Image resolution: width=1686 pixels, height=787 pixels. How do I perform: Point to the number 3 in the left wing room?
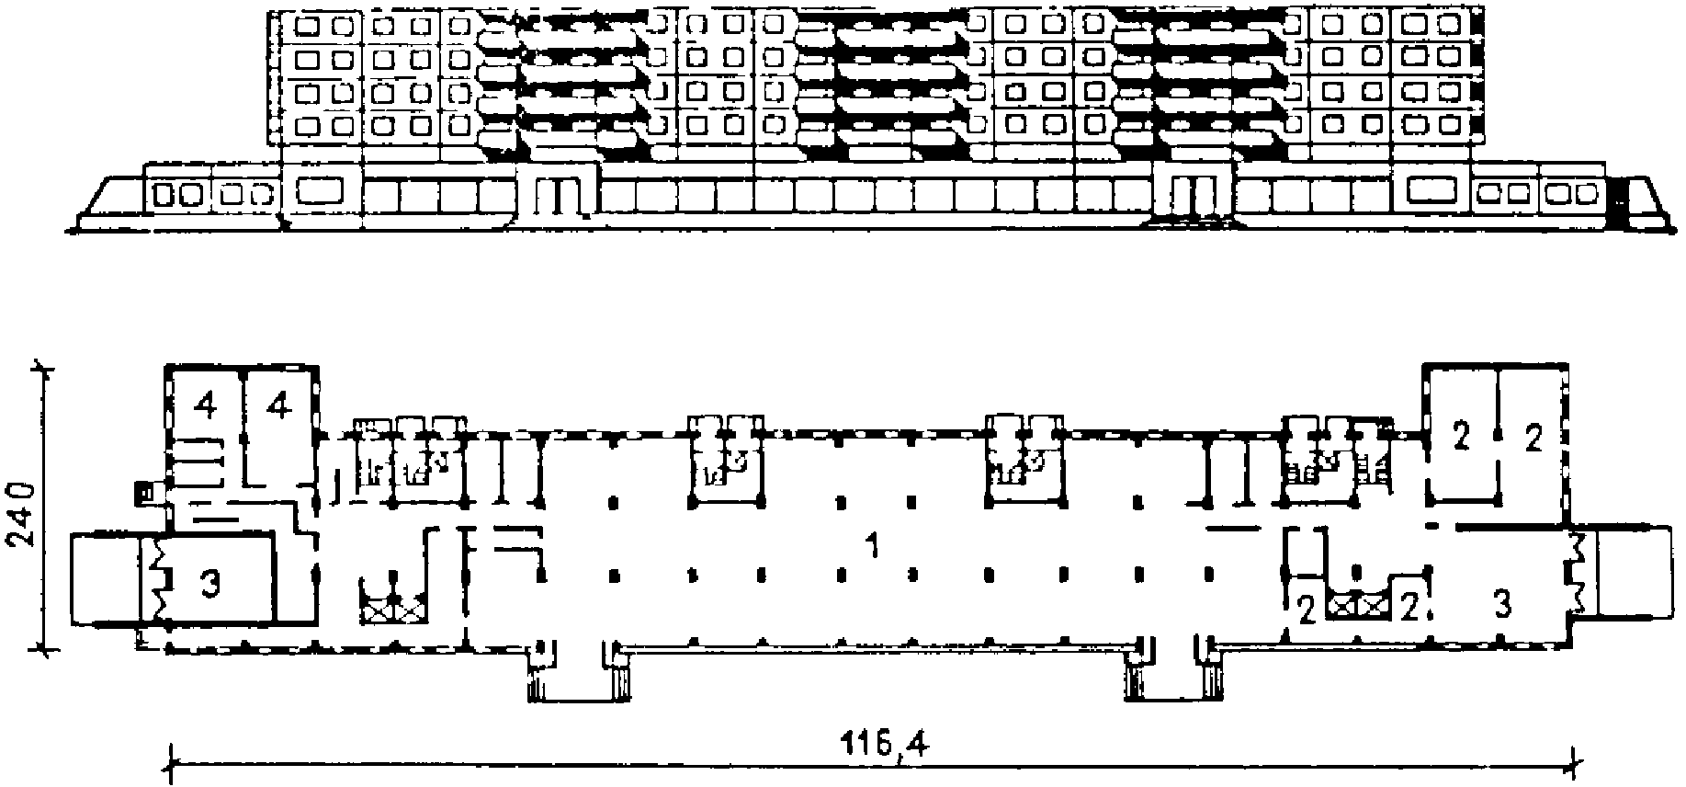point(210,586)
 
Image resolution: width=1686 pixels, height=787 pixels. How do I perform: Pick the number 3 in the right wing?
point(1501,603)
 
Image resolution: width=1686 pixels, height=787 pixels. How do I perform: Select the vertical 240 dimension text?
point(23,511)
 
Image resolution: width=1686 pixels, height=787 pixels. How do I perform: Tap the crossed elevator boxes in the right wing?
point(1361,606)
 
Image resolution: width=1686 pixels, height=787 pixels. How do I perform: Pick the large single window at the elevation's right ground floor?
point(1432,190)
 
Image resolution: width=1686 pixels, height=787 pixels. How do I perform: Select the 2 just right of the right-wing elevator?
point(1406,607)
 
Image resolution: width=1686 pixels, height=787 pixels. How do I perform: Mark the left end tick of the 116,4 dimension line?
point(172,761)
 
